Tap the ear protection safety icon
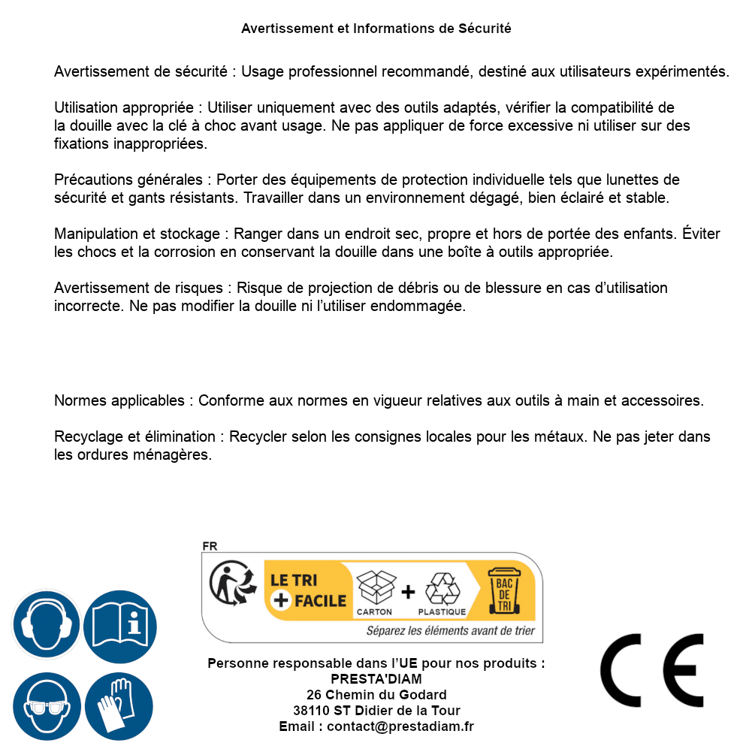tap(46, 624)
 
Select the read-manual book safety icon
tap(119, 624)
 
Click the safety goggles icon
tap(46, 706)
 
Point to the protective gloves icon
tap(119, 706)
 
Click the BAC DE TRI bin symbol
tap(504, 590)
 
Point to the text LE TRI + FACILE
tap(308, 590)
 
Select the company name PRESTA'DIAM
tap(376, 679)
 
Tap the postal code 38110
tap(309, 711)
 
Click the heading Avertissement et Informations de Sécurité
tap(376, 29)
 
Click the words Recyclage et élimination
tap(136, 436)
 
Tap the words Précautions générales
tap(128, 180)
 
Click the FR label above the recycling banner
tap(210, 546)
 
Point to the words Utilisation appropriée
tap(126, 107)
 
